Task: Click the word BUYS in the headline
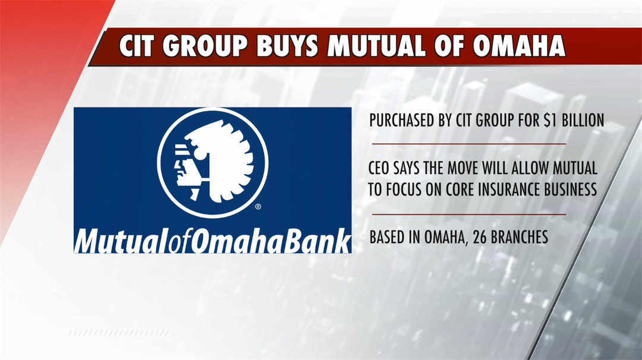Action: pos(288,45)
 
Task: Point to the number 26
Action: pos(480,237)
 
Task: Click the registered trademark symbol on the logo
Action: pos(258,207)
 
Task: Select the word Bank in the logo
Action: pos(317,241)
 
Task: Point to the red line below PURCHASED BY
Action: pos(469,144)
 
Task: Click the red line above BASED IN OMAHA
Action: pos(469,214)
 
